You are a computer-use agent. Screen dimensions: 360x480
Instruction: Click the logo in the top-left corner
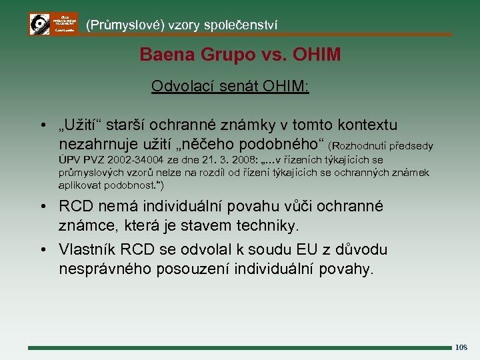coord(53,24)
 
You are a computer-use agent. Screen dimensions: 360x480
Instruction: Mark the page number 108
coord(461,347)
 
